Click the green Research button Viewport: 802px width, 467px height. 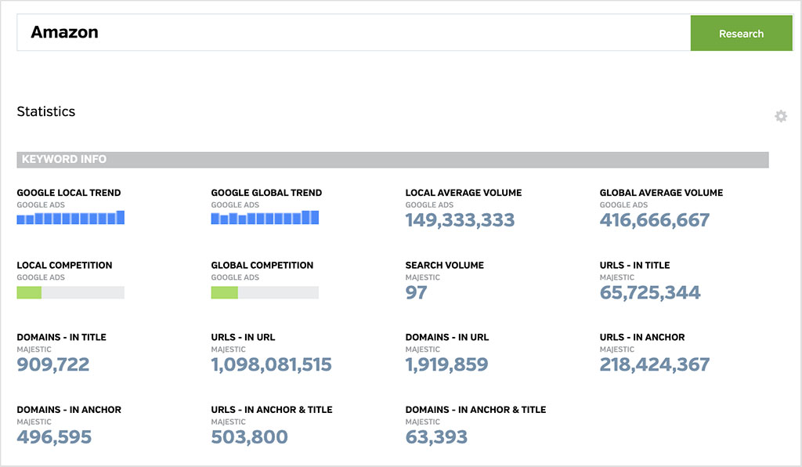pos(741,34)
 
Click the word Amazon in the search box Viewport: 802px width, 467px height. pos(64,33)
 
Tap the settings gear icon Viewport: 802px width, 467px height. pos(781,116)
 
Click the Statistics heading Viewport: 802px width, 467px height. pos(46,111)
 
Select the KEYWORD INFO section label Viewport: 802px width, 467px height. pos(64,159)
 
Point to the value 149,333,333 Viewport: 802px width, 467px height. pos(460,220)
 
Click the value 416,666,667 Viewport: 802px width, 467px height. pos(655,220)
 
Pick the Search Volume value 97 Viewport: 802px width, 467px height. pos(416,292)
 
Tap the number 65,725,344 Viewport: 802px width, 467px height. pos(650,292)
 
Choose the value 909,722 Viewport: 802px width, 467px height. pos(53,364)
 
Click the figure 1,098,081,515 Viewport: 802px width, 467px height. pos(271,364)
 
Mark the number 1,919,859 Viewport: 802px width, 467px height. pos(446,364)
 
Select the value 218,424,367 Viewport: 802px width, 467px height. pos(655,364)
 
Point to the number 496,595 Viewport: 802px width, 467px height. pos(54,436)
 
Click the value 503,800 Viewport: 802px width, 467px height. pos(249,436)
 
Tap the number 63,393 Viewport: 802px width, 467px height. pos(436,436)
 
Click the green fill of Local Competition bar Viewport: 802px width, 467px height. pos(29,292)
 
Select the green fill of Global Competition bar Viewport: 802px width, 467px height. pos(224,292)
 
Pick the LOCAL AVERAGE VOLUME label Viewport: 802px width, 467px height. pos(464,193)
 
